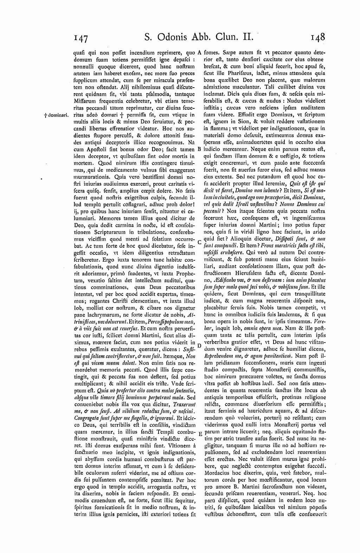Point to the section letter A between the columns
pos(199,52)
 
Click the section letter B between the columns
pos(199,149)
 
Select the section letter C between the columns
pos(199,242)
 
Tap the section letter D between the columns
pos(199,345)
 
